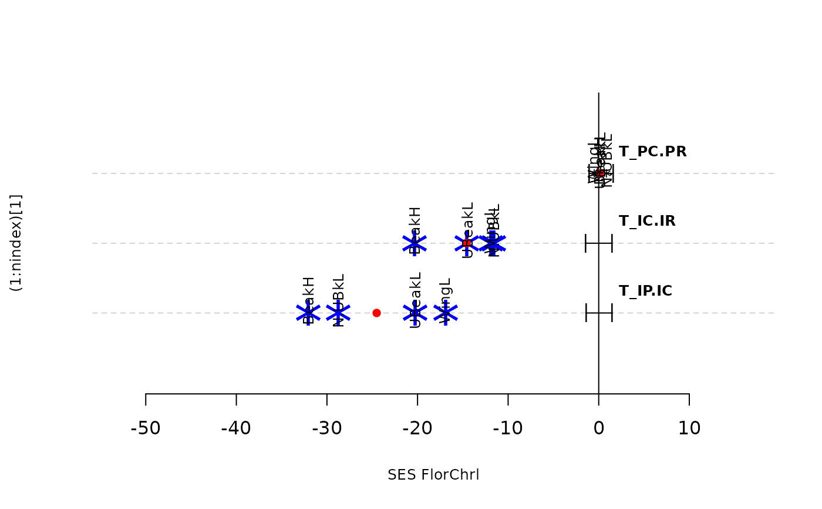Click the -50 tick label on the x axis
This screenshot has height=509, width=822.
146,428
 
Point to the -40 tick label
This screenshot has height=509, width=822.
236,428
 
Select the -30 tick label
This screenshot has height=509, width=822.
326,428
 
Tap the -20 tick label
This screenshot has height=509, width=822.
417,428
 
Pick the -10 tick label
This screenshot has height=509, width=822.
508,428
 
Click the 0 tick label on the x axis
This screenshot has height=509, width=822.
598,428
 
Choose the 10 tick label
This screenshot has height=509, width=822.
689,428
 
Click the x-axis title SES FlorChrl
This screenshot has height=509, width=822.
433,475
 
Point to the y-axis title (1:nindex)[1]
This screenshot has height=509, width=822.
16,243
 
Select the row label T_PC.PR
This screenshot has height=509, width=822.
652,152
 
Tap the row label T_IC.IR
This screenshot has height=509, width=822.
646,221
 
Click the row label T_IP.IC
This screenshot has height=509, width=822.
645,291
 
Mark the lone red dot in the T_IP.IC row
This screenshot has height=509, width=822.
376,313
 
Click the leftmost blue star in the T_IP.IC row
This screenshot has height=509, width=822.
308,313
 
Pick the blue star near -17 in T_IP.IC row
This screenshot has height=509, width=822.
446,313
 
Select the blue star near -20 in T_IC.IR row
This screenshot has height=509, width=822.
415,243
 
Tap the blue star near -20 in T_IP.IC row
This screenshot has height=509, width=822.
415,313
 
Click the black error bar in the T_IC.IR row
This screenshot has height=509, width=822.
598,243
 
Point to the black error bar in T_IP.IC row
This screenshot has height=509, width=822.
599,313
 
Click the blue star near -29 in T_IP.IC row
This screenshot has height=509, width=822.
338,313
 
